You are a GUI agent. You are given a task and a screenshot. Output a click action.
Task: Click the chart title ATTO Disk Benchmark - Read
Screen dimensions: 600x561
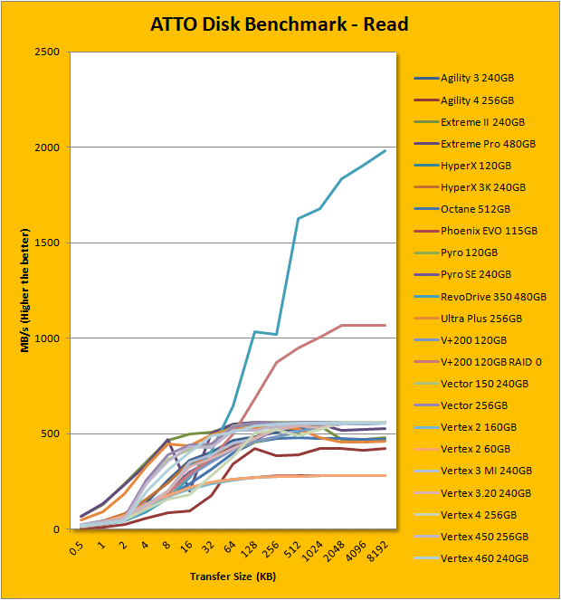point(280,24)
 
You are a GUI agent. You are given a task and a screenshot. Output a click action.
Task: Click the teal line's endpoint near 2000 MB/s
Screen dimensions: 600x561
point(385,150)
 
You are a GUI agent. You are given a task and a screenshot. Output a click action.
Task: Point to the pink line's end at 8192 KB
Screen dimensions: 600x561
point(385,325)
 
